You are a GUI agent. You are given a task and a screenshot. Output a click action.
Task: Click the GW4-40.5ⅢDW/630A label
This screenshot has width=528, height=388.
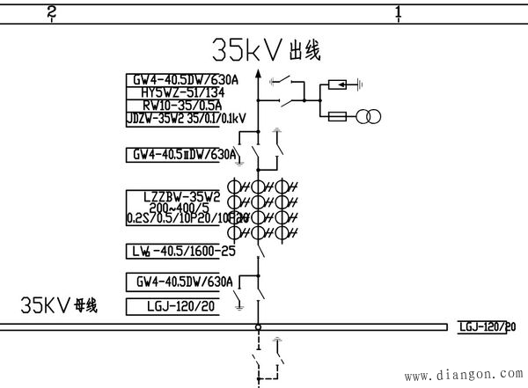pyautogui.click(x=182, y=155)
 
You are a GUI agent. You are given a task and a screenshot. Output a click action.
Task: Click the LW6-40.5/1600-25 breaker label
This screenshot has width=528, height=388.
pyautogui.click(x=181, y=250)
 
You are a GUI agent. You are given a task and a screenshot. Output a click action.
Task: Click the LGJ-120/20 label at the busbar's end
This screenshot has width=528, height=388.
pyautogui.click(x=486, y=327)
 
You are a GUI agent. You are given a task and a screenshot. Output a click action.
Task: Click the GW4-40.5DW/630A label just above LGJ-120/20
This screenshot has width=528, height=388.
pyautogui.click(x=183, y=282)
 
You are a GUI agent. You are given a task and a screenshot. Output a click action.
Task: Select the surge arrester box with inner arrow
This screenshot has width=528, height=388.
pyautogui.click(x=336, y=86)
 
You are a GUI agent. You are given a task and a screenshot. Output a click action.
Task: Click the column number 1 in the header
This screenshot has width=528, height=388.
pyautogui.click(x=399, y=12)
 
